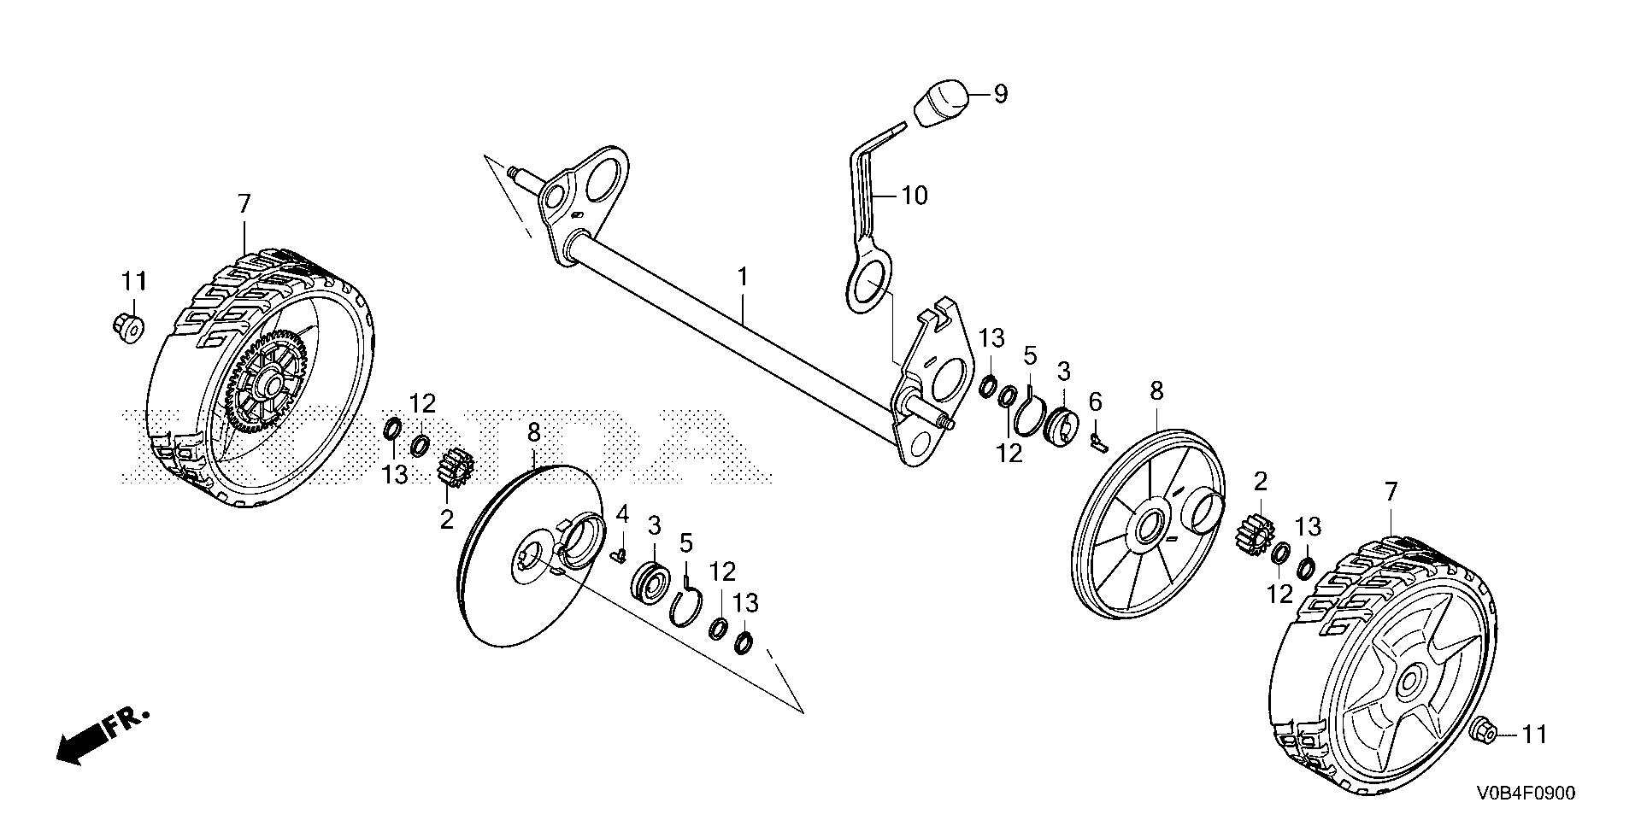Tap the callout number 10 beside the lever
[x=914, y=196]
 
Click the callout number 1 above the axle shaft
[x=743, y=277]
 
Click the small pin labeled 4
[x=620, y=555]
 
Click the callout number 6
[x=1095, y=401]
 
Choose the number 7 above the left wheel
[x=244, y=203]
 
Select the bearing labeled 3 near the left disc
[x=652, y=584]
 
